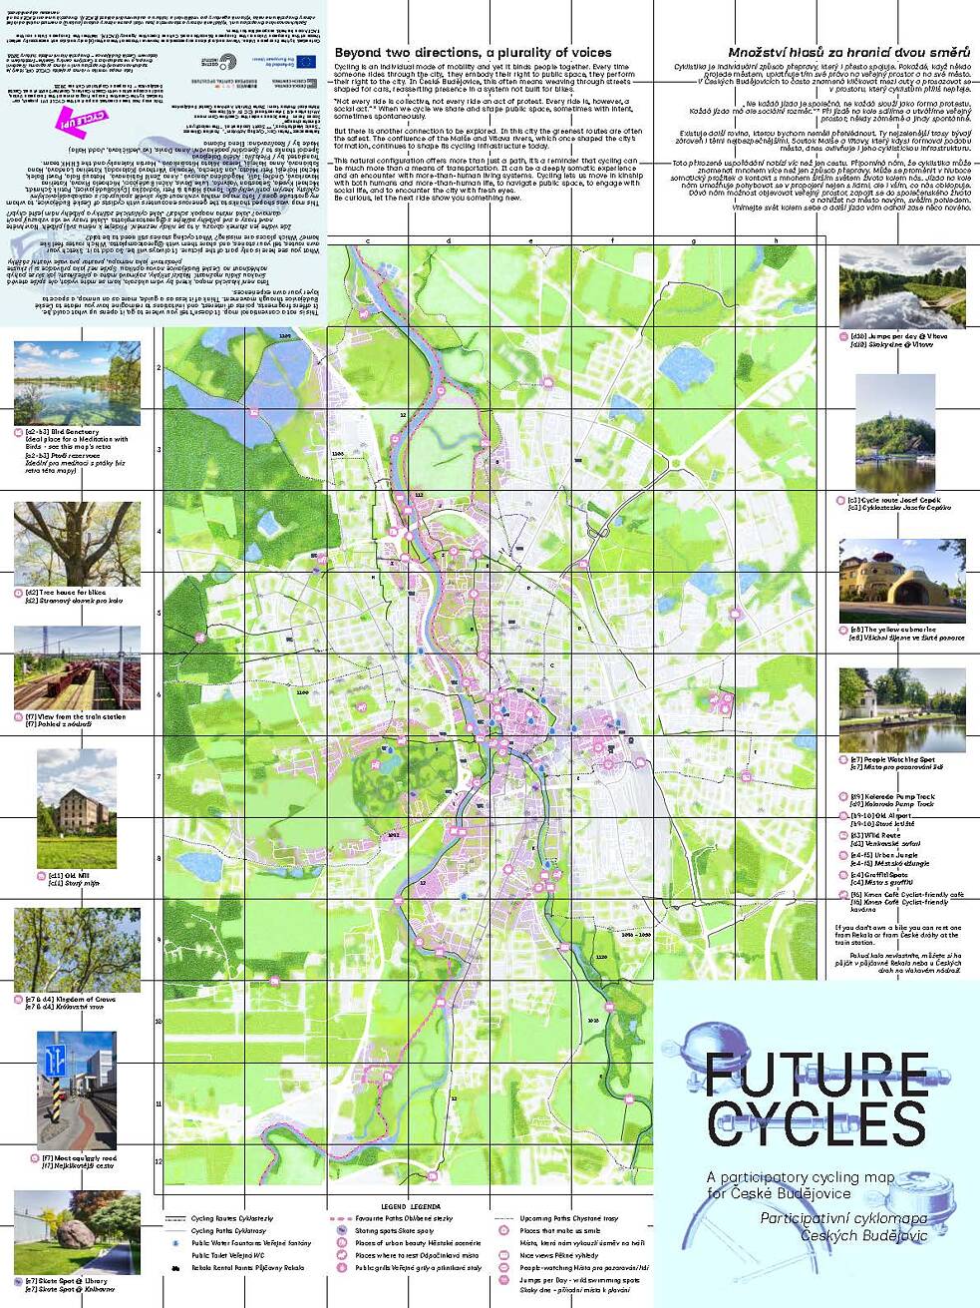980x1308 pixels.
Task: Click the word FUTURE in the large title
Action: click(x=816, y=1075)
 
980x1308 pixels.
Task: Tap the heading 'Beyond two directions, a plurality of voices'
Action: click(x=473, y=53)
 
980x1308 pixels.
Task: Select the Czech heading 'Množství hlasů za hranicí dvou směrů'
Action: click(x=848, y=53)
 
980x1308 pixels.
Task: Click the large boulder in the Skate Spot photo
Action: click(x=56, y=1234)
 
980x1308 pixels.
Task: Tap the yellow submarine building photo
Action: click(x=901, y=583)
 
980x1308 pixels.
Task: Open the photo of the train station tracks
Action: click(x=77, y=668)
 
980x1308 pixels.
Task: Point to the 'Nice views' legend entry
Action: click(x=563, y=1255)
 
